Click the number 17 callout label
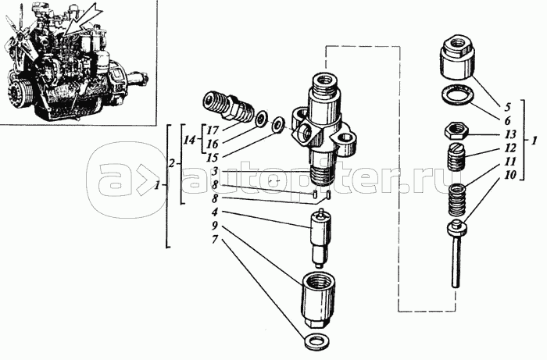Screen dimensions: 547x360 click(212, 131)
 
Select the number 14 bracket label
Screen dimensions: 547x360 click(191, 141)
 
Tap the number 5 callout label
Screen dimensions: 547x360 click(507, 107)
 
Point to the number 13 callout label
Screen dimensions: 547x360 click(509, 134)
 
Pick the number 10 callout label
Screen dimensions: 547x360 click(509, 175)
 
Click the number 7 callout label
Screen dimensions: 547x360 click(215, 240)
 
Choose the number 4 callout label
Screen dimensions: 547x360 click(215, 212)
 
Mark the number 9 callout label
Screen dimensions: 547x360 click(215, 226)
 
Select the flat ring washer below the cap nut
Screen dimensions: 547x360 click(456, 95)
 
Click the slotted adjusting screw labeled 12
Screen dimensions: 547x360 click(456, 156)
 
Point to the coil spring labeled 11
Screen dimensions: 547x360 click(457, 200)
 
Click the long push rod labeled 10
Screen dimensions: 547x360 click(456, 254)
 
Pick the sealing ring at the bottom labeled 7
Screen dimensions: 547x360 click(316, 341)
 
